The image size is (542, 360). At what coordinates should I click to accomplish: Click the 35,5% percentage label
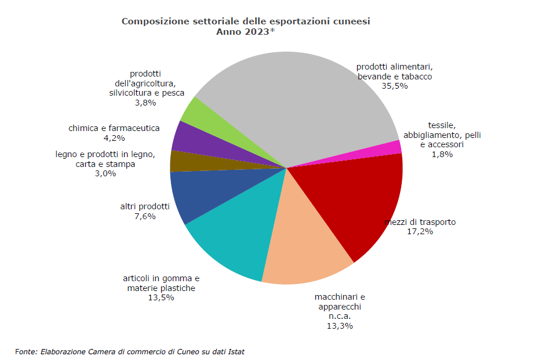pos(395,86)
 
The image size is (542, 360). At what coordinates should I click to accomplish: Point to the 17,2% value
pos(420,232)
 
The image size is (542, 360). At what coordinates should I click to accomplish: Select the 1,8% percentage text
pos(442,154)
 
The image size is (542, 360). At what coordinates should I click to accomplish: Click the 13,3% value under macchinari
pos(340,326)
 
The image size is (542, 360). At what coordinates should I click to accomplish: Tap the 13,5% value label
pos(161,298)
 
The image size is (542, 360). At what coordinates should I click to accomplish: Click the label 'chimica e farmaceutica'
pos(114,128)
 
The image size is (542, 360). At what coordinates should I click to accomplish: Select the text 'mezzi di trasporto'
pos(421,222)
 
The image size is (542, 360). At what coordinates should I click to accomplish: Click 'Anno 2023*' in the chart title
pos(245,32)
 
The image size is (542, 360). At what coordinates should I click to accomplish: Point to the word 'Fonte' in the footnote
pos(26,351)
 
